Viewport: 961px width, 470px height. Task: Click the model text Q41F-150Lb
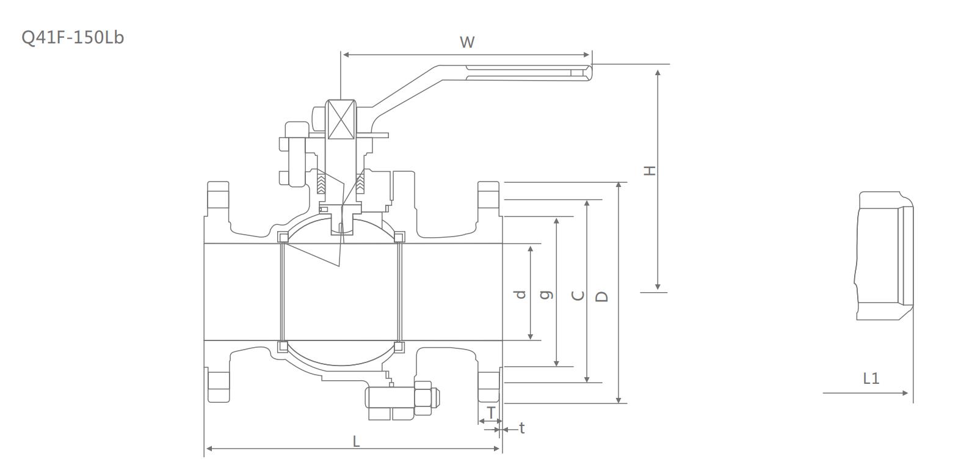[x=73, y=37]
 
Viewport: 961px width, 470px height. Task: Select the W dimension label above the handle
[x=467, y=42]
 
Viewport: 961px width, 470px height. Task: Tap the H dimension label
[x=650, y=170]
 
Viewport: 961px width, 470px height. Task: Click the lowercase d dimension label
[x=520, y=295]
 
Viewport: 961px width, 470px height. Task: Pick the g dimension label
[x=548, y=295]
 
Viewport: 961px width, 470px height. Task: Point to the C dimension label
[x=578, y=296]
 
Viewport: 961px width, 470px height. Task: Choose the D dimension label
[x=602, y=296]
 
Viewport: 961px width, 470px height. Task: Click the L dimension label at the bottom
[x=357, y=441]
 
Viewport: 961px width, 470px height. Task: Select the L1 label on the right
[x=871, y=378]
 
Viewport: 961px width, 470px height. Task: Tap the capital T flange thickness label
[x=490, y=413]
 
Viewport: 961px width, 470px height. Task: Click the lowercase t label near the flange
[x=521, y=428]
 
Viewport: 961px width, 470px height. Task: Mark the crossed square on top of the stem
[x=340, y=119]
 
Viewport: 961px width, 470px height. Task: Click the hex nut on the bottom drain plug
[x=423, y=398]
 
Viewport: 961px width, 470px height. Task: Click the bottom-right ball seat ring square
[x=399, y=347]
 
